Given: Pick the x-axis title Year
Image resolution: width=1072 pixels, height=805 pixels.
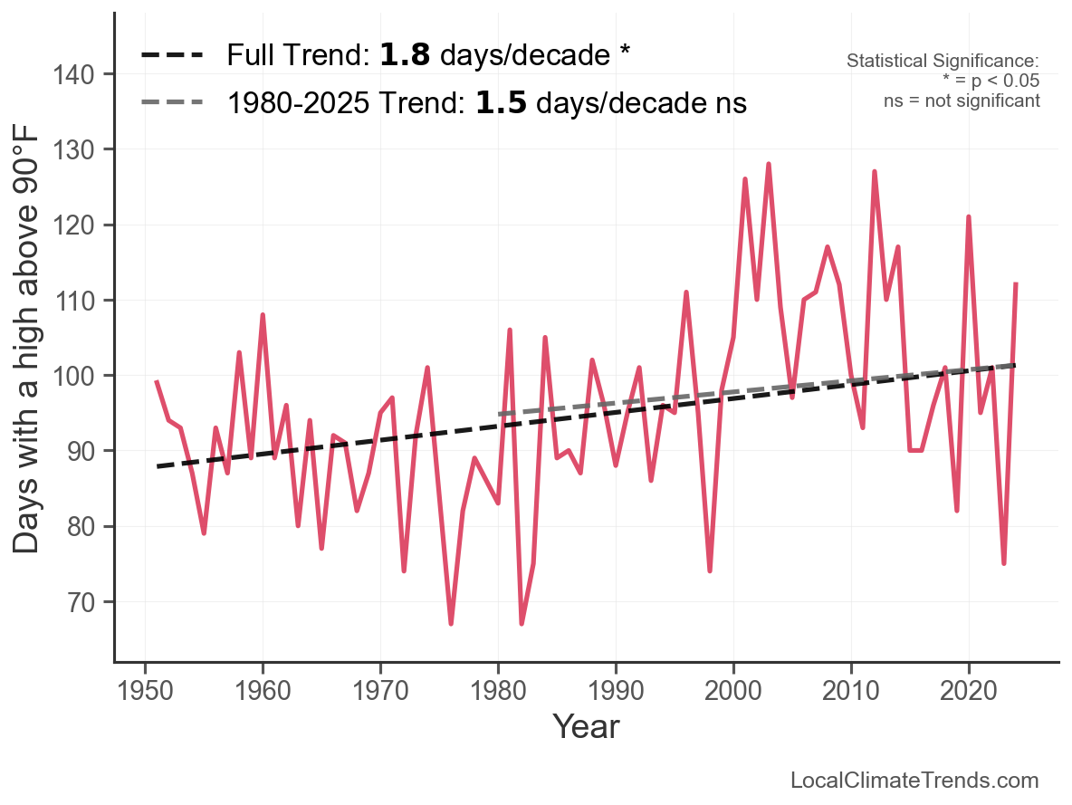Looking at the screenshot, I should point(586,726).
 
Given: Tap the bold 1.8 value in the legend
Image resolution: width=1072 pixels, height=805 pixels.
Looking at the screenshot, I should point(398,56).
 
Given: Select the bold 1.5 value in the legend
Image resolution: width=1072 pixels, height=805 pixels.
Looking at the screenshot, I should point(495,103).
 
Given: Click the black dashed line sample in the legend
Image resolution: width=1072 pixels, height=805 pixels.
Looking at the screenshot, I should point(172,56).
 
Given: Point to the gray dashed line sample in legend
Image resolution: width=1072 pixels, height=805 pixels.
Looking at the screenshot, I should point(172,103).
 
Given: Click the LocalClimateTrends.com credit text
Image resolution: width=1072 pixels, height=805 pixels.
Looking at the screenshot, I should point(914,781).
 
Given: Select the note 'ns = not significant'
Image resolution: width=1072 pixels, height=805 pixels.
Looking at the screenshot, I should point(962,101).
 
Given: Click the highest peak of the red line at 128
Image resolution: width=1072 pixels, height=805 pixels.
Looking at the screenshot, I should point(769,165).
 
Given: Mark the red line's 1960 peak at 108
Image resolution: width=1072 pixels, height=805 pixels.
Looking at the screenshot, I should point(263,315).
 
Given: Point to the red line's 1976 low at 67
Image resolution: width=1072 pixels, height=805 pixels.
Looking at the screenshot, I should point(451,623).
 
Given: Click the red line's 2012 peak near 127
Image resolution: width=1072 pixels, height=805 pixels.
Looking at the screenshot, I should point(875,172).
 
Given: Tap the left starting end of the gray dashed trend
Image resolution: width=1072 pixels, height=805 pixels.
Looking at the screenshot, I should point(499,415).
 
